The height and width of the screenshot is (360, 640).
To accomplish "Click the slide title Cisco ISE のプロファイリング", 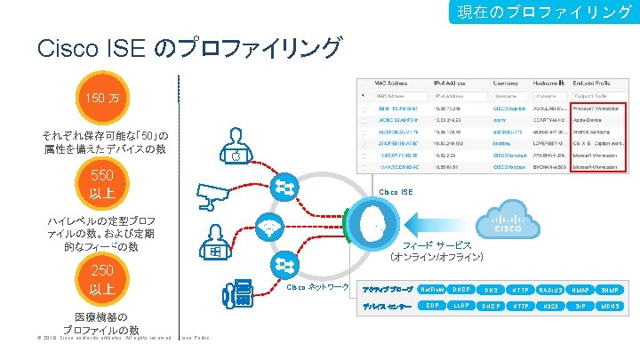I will click(189, 48).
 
